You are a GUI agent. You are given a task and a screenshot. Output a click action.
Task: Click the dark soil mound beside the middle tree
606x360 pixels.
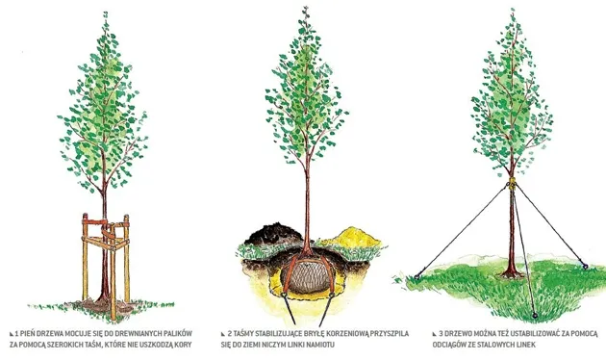coord(273,233)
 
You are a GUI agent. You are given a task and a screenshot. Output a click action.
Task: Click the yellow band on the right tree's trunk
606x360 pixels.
coord(512,183)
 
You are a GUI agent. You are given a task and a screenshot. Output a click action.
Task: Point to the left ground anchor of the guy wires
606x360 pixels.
coord(417,276)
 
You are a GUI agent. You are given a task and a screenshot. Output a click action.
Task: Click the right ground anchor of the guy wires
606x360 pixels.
coord(585,266)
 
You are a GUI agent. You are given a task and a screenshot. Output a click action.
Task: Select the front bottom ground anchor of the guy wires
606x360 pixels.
coord(535,316)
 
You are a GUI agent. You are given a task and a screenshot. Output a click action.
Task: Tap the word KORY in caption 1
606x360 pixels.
coord(183,345)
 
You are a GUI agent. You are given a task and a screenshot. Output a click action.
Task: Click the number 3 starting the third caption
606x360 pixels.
coord(441,333)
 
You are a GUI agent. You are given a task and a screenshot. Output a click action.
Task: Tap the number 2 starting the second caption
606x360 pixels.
coord(230,333)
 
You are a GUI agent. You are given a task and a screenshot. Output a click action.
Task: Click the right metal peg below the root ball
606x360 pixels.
coord(326,309)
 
